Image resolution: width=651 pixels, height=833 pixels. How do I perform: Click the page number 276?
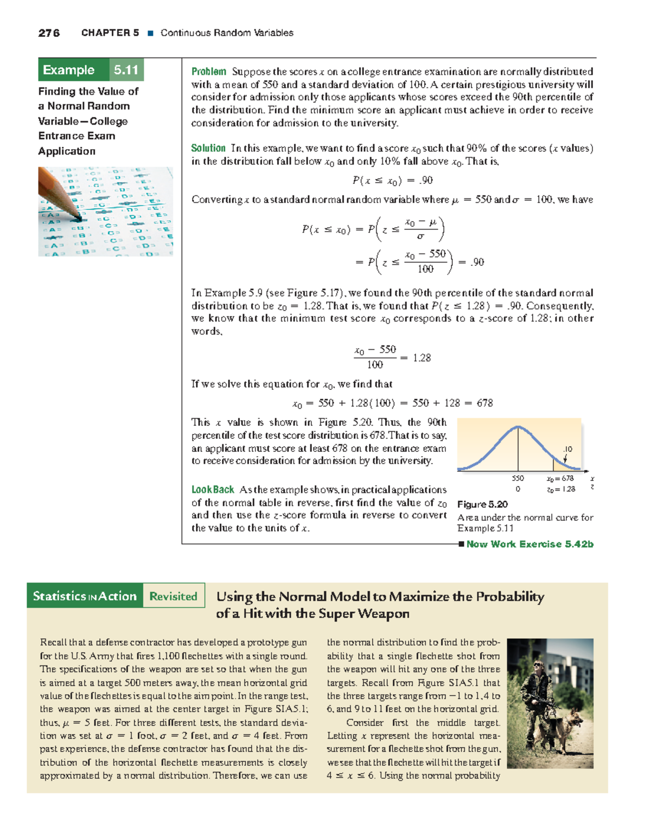49,33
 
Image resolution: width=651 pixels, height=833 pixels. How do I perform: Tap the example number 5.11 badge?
126,70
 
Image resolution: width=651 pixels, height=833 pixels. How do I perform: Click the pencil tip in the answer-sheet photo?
79,219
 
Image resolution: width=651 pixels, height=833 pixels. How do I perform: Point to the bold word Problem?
208,72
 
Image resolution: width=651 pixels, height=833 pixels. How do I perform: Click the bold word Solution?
208,148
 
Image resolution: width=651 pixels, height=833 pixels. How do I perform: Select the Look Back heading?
213,490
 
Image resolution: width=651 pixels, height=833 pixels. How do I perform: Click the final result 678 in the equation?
484,403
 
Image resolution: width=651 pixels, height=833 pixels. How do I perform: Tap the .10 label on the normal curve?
567,449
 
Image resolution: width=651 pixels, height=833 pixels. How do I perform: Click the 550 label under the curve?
518,478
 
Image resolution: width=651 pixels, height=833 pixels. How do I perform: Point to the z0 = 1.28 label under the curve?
561,489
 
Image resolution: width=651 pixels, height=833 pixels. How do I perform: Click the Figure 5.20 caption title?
482,504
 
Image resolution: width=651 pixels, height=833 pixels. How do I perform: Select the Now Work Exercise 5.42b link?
529,544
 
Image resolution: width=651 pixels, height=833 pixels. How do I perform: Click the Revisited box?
174,596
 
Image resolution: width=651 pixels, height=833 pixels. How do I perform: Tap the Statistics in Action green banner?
85,596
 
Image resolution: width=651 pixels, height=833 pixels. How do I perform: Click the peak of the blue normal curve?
518,427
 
